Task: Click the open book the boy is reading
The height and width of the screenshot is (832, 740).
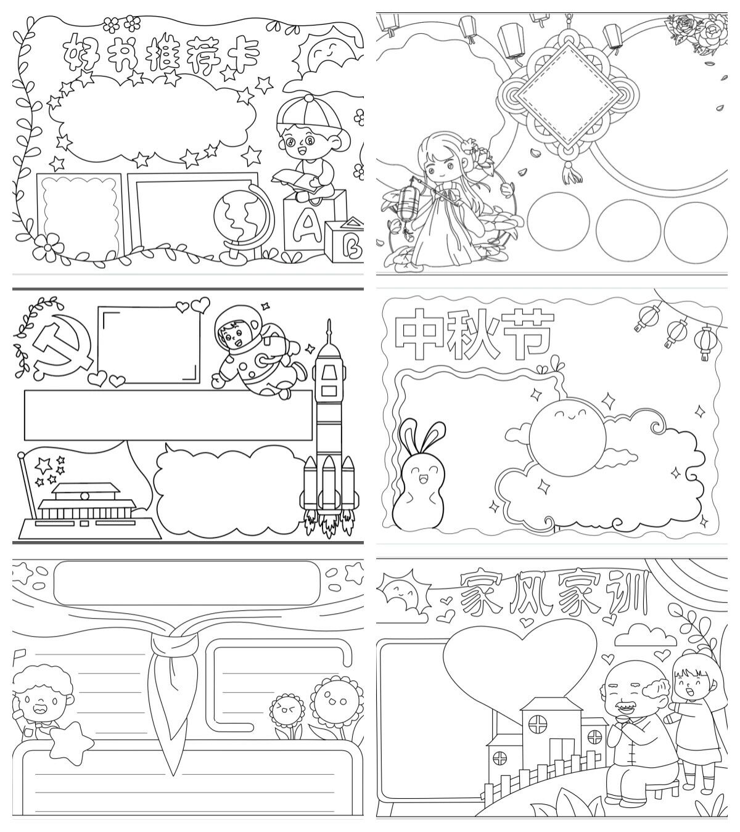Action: coord(297,181)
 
